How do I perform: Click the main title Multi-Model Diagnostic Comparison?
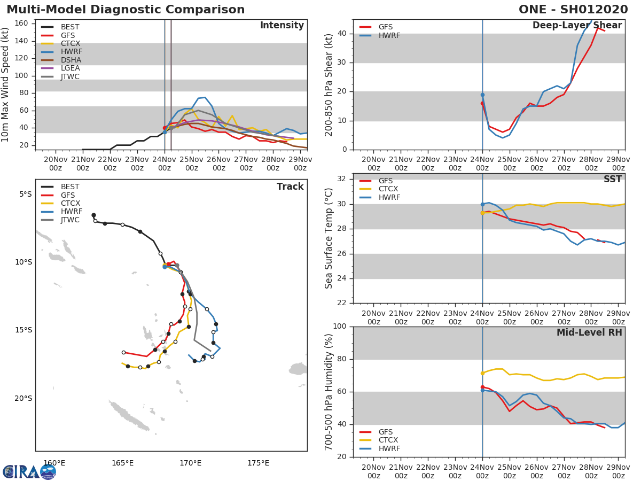click(126, 10)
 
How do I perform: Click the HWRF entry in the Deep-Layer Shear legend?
click(389, 35)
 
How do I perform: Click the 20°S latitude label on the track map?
click(22, 398)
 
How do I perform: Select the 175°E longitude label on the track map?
click(258, 463)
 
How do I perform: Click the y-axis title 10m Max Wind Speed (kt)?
click(6, 84)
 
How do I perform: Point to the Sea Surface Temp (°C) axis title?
click(329, 238)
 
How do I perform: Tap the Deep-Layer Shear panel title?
click(577, 26)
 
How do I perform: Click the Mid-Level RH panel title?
click(589, 332)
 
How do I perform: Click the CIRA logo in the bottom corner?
click(29, 472)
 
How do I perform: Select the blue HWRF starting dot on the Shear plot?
click(482, 95)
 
